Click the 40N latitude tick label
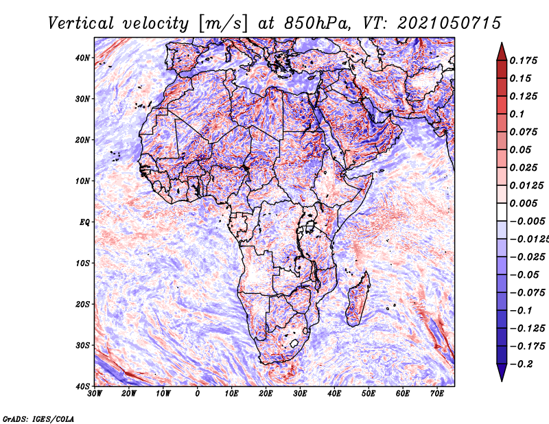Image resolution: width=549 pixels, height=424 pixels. click(82, 58)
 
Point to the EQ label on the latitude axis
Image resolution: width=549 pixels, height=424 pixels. click(84, 222)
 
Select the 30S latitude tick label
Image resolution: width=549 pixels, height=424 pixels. click(82, 345)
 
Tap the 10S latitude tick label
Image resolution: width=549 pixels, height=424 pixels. click(82, 263)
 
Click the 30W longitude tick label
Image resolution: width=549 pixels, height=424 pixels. click(95, 394)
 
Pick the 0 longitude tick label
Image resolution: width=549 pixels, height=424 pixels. click(198, 394)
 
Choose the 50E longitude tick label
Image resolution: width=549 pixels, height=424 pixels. click(369, 394)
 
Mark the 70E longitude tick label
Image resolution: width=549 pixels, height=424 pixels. click(436, 394)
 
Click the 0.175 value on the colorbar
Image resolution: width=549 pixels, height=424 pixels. click(524, 60)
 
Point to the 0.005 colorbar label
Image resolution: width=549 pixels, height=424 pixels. click(524, 203)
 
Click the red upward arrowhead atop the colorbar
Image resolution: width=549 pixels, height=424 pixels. click(502, 52)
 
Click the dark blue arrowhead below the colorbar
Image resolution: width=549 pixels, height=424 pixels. click(502, 373)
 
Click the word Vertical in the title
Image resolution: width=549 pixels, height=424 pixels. click(81, 23)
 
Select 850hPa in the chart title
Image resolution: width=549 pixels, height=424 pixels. click(317, 23)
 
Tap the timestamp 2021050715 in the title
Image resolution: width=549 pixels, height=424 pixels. click(449, 23)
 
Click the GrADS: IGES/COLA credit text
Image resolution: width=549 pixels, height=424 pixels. click(38, 419)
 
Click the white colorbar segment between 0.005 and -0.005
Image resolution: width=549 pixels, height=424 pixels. click(502, 212)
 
